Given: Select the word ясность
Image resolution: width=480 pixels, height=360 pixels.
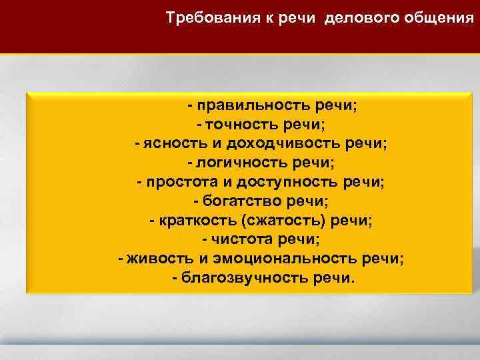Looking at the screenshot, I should [x=169, y=144].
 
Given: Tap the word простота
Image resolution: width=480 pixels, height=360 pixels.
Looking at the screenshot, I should [x=174, y=182].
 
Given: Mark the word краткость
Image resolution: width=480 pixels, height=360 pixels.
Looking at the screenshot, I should [x=190, y=220].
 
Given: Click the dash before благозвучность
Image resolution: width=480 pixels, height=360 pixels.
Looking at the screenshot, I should [x=175, y=277].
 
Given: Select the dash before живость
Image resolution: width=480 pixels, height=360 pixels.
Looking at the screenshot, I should [x=120, y=258].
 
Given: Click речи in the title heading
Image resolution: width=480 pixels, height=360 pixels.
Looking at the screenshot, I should [x=302, y=17].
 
